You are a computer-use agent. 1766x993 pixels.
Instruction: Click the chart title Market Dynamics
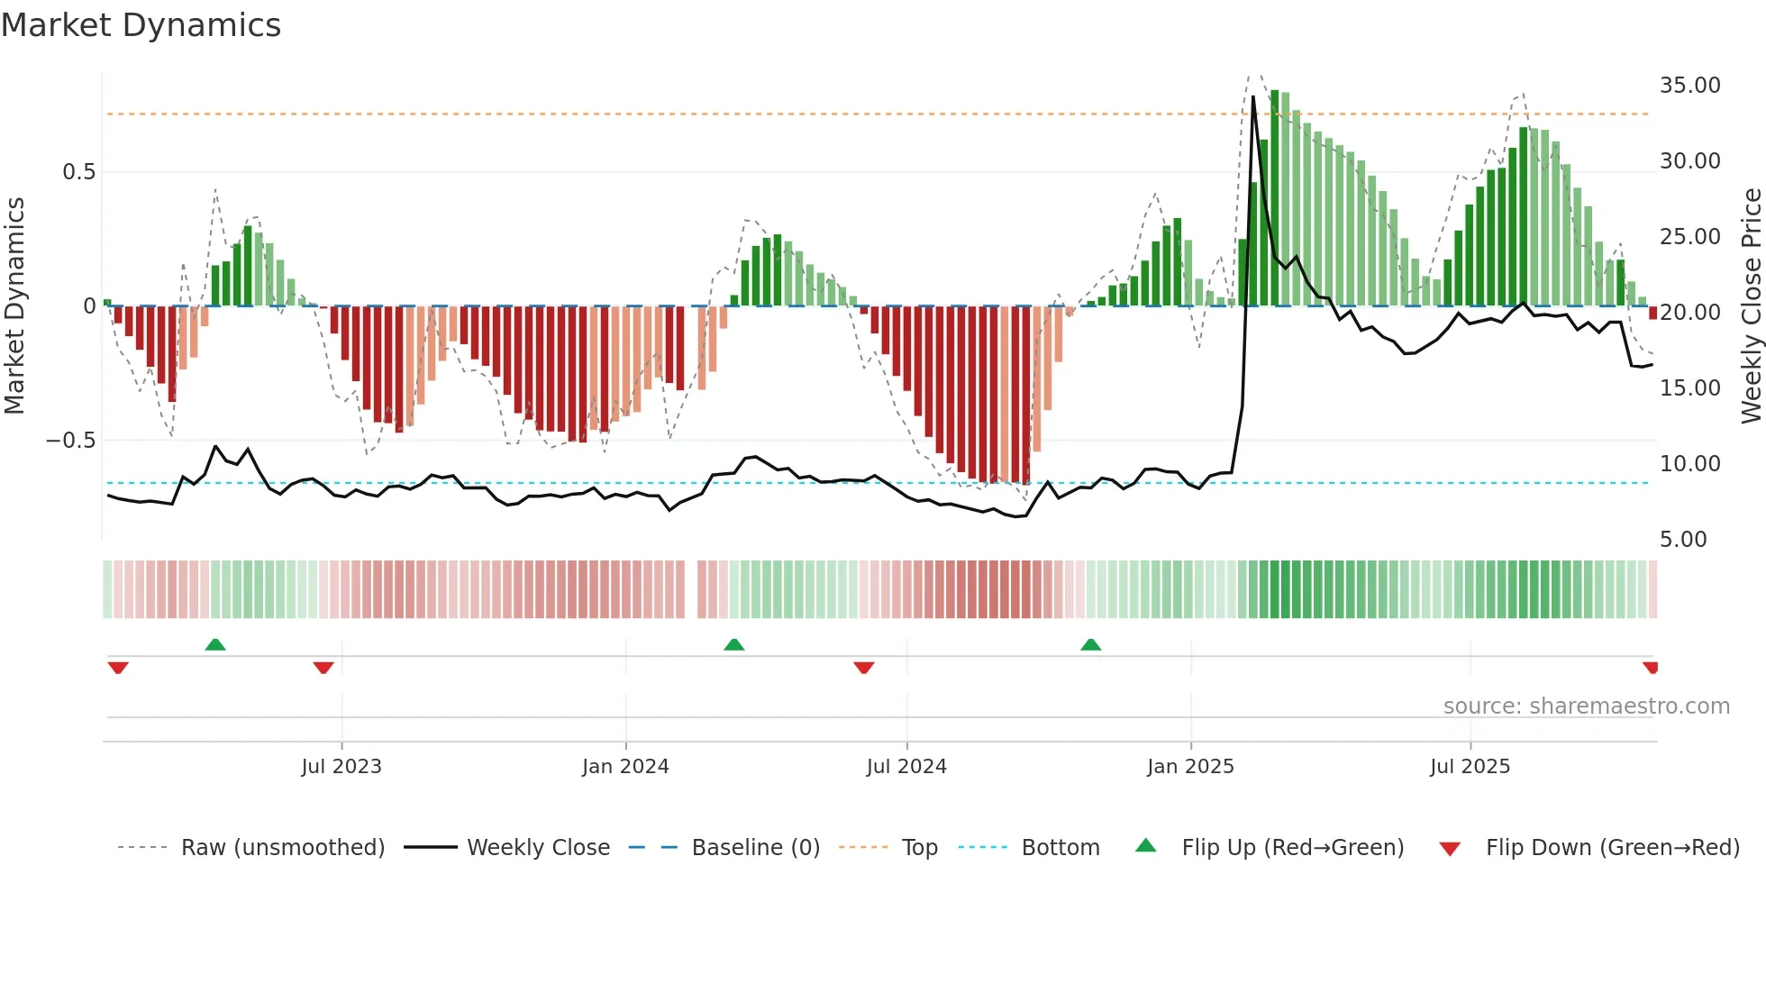point(141,25)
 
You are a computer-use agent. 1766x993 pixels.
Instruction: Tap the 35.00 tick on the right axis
point(1689,86)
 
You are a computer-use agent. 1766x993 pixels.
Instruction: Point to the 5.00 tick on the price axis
point(1683,540)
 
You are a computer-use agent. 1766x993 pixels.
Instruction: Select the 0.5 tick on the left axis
point(78,172)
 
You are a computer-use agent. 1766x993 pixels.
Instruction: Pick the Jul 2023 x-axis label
point(341,767)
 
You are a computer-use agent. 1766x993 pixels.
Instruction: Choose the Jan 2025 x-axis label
point(1190,767)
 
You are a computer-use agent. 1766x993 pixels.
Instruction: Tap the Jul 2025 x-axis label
point(1470,767)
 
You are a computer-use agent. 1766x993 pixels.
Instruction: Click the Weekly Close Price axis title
point(1751,306)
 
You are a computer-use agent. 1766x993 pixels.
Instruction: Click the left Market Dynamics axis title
point(15,306)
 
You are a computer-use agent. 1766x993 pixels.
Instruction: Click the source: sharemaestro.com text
point(1586,706)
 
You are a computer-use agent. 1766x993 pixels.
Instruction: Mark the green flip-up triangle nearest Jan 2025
point(1090,644)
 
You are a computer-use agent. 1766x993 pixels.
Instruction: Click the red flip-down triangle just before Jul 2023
point(323,668)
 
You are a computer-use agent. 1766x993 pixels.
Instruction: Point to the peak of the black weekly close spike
point(1253,96)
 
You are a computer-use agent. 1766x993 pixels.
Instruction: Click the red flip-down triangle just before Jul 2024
point(863,668)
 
